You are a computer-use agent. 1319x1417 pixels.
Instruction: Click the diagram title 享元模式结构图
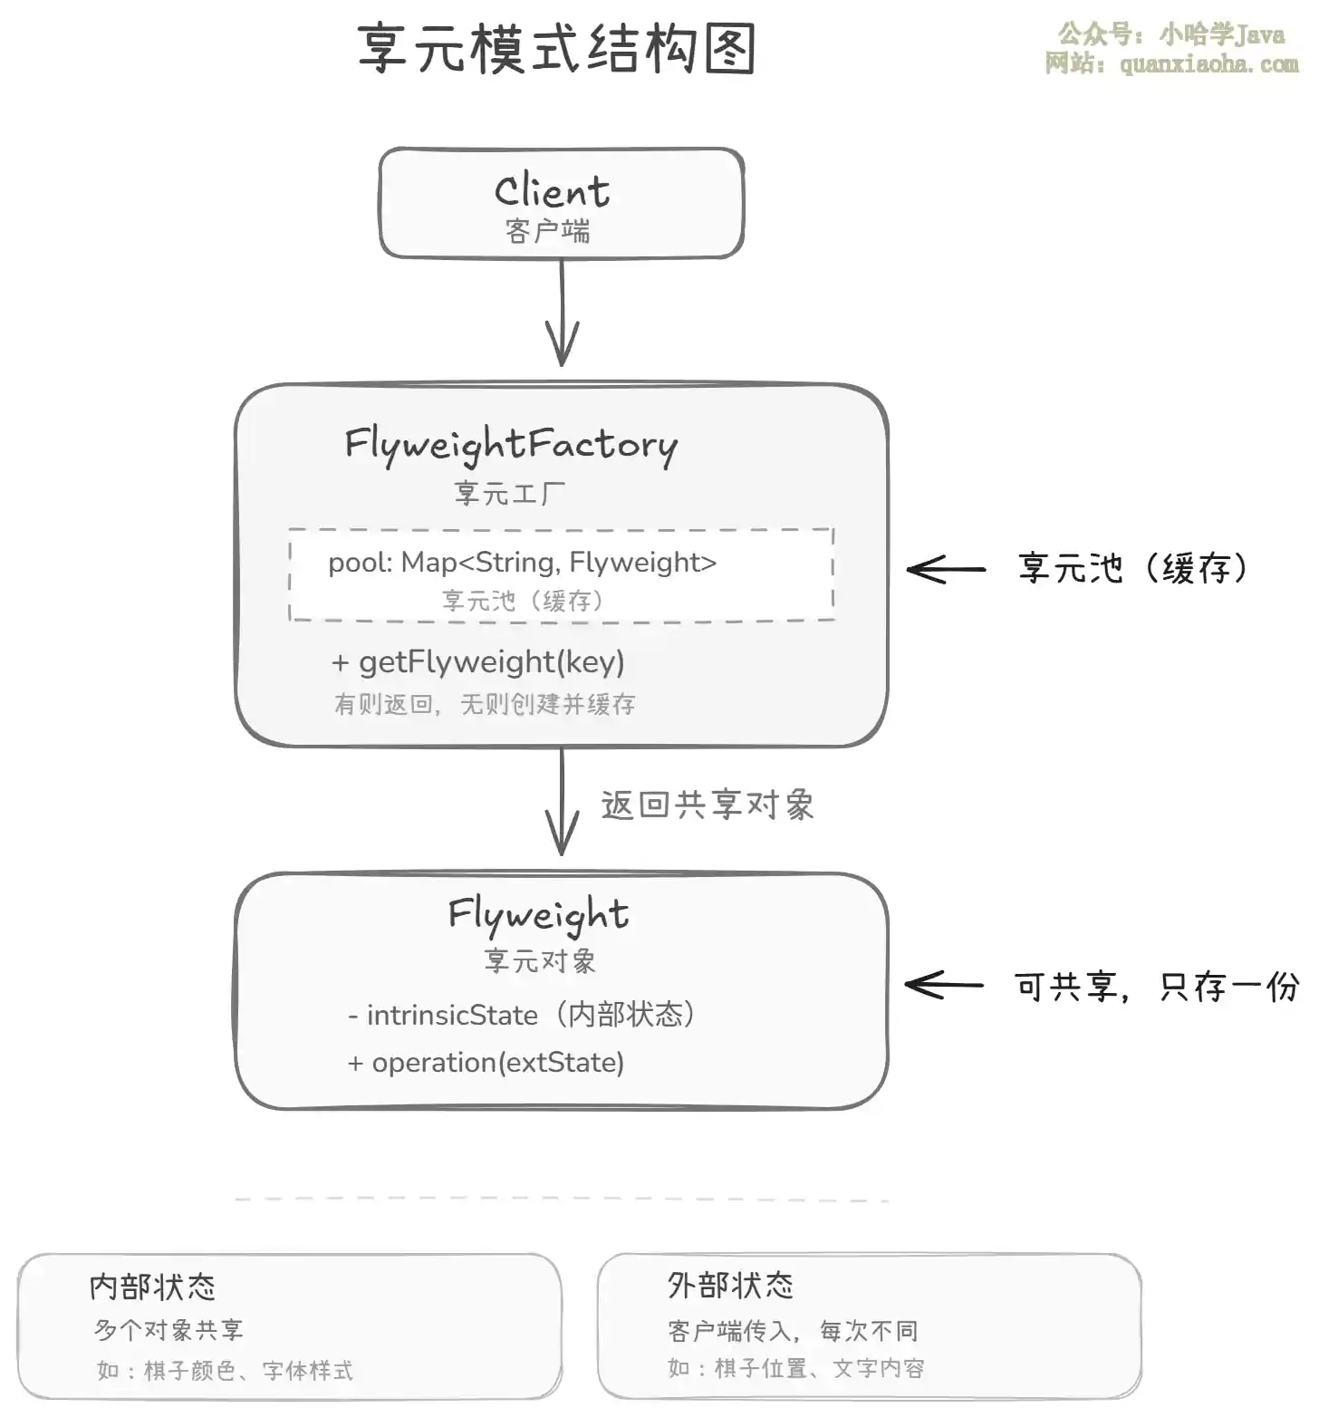point(557,49)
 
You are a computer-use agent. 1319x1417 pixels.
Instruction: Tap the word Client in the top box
point(552,191)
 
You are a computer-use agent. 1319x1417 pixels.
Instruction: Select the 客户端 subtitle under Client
point(548,232)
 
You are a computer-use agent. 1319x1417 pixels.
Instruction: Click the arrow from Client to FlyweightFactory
point(562,313)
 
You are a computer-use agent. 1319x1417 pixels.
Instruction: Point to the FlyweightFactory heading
point(510,446)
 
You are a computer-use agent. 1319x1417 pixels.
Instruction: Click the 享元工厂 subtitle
point(509,494)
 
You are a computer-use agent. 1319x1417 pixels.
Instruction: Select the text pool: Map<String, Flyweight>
point(522,563)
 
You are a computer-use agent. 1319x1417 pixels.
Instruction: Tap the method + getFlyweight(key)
point(478,662)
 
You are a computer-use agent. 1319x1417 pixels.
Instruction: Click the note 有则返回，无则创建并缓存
point(485,704)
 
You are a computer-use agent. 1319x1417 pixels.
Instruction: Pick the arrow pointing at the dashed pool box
point(946,570)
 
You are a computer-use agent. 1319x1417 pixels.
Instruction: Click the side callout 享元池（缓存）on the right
point(1132,569)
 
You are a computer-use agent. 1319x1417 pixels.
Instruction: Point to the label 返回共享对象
point(708,805)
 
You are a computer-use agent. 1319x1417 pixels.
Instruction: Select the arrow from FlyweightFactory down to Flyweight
point(562,802)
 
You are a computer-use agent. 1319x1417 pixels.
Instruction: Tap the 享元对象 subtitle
point(540,961)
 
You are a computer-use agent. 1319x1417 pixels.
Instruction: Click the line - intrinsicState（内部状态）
point(522,1015)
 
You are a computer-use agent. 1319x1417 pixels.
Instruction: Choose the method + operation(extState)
point(486,1063)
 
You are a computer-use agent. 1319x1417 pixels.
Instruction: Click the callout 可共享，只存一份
point(1157,987)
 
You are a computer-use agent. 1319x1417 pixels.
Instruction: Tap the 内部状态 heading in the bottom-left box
point(152,1287)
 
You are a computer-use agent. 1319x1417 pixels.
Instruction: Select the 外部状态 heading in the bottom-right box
point(730,1286)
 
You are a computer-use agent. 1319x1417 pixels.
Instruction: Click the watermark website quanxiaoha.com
point(1208,64)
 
